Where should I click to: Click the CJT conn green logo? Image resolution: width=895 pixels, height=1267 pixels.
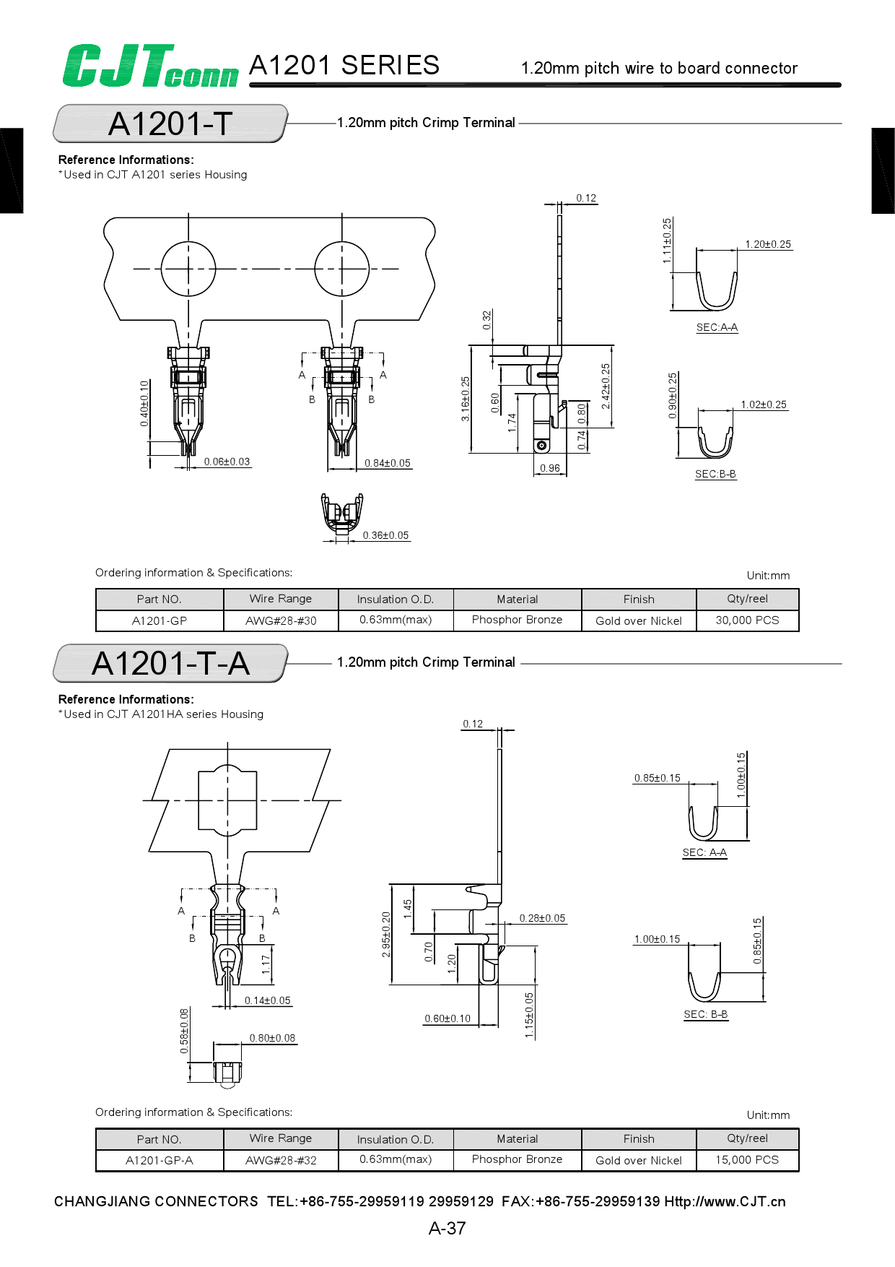point(150,66)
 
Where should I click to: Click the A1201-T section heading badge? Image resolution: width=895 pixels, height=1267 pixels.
point(170,124)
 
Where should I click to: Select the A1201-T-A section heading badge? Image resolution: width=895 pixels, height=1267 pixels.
point(170,663)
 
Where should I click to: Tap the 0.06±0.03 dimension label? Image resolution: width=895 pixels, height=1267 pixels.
point(227,462)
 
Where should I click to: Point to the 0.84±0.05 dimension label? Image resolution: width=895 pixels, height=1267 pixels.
point(388,463)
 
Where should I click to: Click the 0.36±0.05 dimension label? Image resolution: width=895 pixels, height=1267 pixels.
point(385,535)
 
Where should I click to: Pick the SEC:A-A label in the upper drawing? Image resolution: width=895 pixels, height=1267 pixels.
point(717,327)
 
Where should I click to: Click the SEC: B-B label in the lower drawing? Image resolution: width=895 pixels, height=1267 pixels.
point(706,1014)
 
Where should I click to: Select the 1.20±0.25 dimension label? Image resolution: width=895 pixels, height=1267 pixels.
point(768,244)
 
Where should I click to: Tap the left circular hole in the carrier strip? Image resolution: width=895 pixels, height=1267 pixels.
point(188,269)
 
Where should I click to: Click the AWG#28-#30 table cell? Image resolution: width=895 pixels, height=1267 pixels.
point(281,620)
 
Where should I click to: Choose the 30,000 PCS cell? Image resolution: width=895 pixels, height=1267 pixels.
point(747,620)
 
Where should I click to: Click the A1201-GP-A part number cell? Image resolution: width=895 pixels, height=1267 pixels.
point(160,1160)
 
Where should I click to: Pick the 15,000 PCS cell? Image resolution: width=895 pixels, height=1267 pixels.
point(747,1159)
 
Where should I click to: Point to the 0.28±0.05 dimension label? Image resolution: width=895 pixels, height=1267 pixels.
point(542,918)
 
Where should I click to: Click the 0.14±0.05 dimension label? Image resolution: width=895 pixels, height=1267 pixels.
point(267,1000)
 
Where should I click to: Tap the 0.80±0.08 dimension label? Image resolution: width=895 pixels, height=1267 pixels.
point(272,1038)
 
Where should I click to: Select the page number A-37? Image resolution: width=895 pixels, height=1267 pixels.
point(447,1228)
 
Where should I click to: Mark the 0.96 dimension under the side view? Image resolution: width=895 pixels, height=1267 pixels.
point(550,468)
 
